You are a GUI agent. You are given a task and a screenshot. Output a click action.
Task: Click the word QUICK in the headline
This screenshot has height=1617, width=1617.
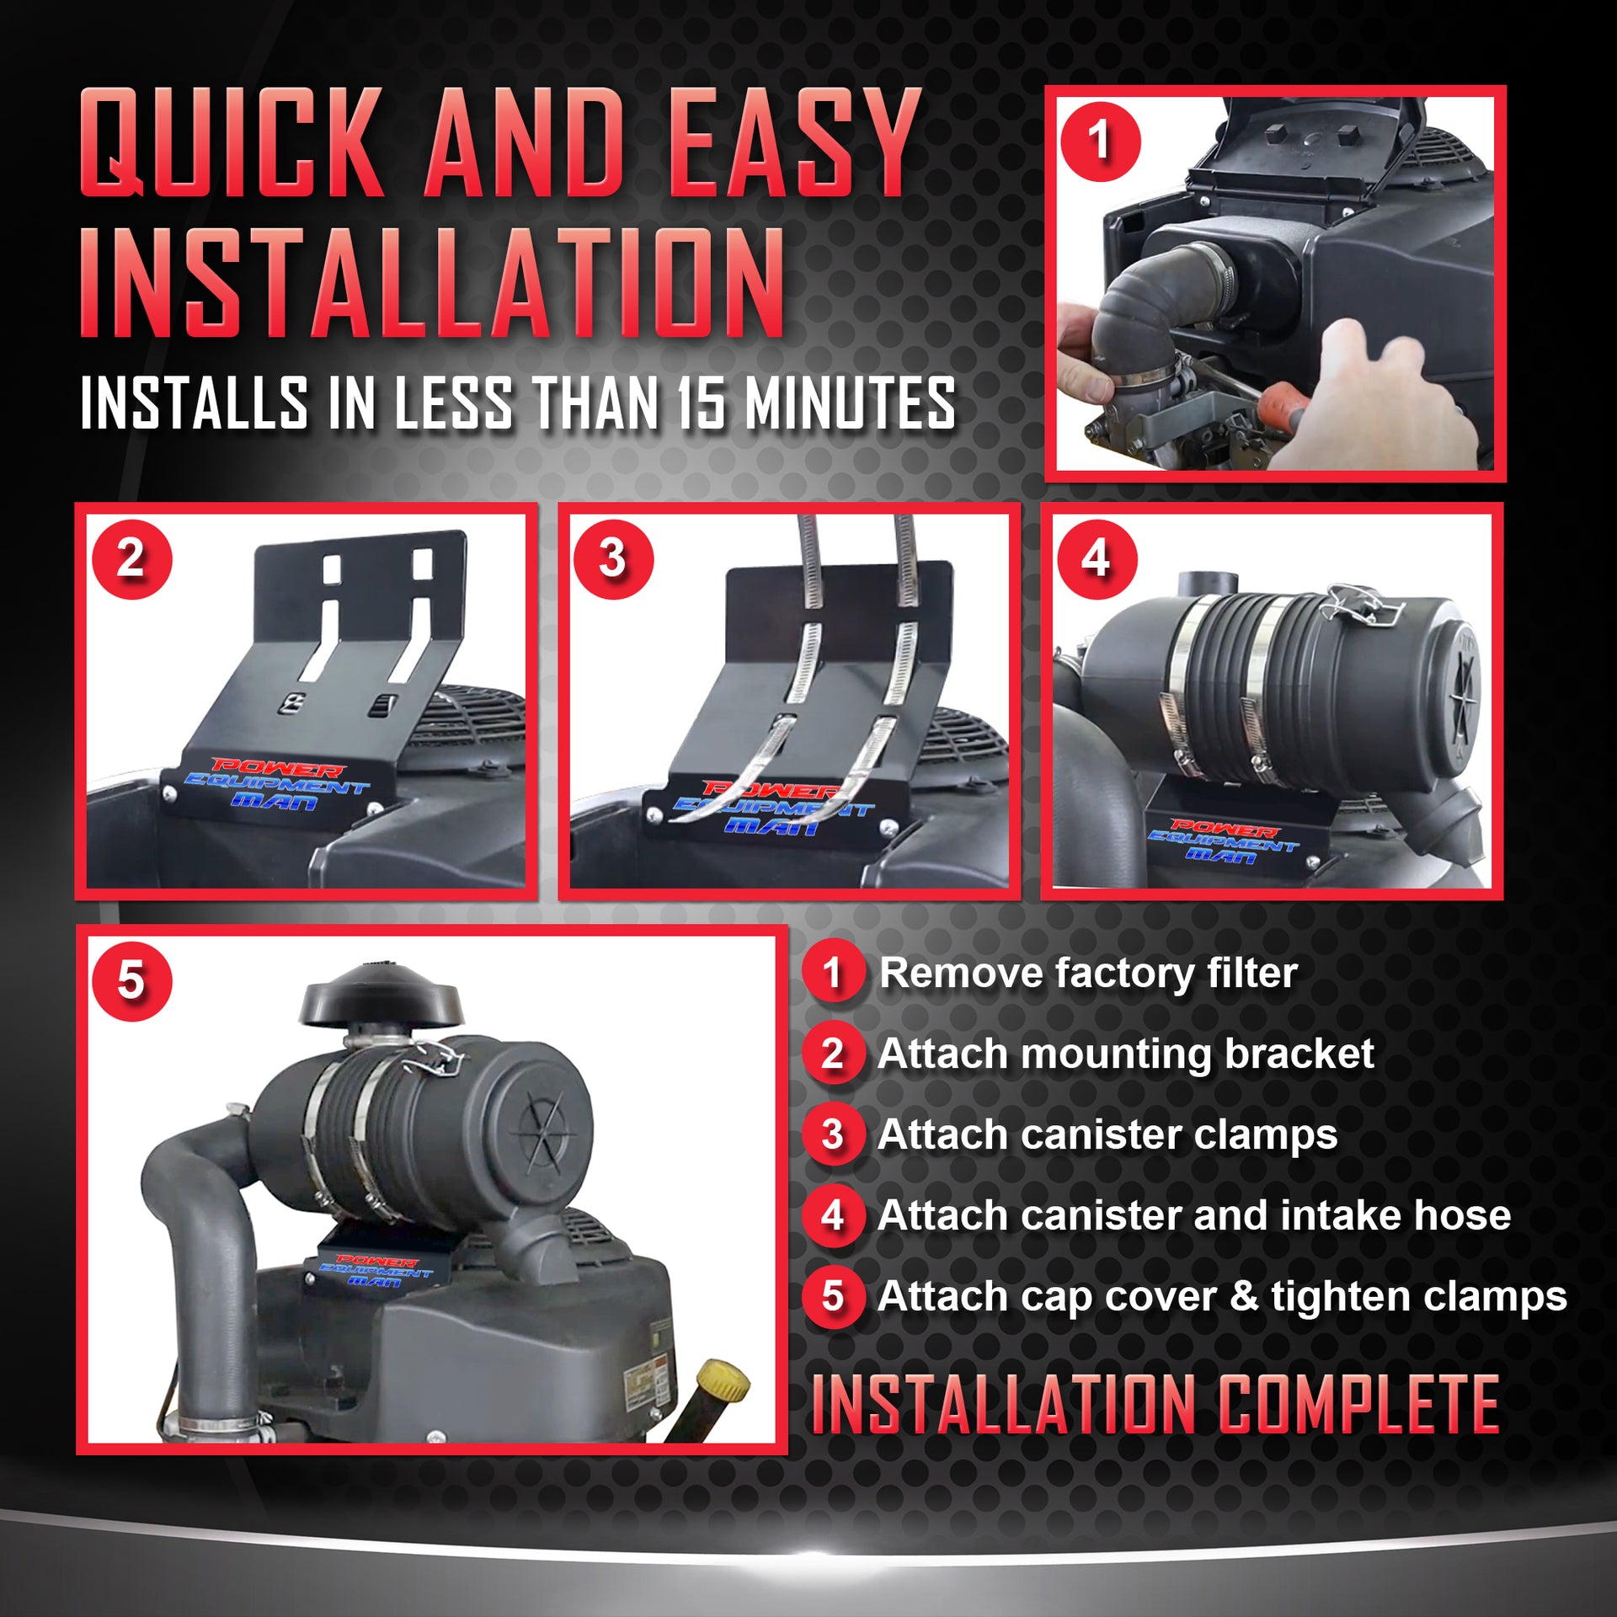click(232, 142)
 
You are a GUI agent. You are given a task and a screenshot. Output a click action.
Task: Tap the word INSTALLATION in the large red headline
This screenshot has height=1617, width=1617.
click(432, 283)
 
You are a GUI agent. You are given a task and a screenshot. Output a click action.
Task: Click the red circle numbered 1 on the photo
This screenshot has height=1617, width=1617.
click(1100, 141)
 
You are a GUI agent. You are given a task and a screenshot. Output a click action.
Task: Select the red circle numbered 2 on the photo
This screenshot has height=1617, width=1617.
click(131, 558)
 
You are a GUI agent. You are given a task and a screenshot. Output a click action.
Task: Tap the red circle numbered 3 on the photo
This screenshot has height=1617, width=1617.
click(613, 558)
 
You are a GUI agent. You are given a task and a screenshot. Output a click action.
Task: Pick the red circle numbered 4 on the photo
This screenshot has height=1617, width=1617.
click(1097, 558)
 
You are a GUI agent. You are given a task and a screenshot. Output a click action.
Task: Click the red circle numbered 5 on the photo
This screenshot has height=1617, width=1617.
click(131, 981)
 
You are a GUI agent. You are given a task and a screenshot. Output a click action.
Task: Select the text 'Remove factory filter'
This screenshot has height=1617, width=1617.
click(1087, 974)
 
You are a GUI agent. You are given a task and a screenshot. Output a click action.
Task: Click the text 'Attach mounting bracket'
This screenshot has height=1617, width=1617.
click(1125, 1054)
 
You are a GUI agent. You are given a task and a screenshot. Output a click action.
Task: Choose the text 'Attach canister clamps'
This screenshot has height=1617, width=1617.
click(1107, 1134)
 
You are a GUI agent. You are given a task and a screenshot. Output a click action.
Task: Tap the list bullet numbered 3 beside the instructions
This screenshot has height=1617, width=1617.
click(833, 1134)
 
